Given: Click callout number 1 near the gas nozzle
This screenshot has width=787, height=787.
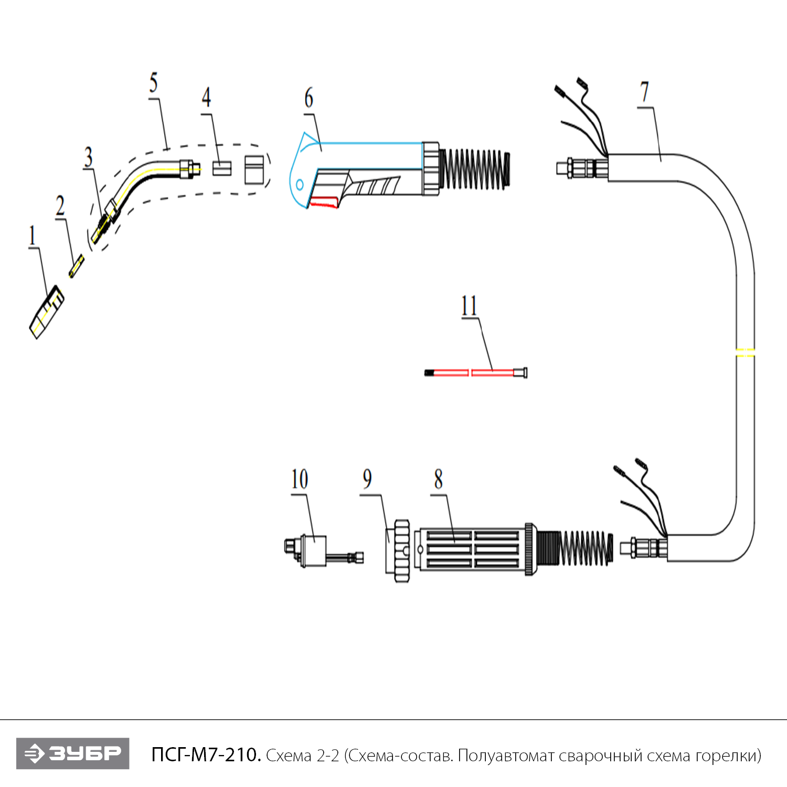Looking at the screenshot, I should [33, 236].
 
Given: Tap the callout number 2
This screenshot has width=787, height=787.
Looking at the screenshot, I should [60, 206].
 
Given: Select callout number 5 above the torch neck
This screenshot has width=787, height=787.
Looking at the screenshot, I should [153, 83].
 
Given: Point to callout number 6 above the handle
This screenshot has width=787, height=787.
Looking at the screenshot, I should [309, 98].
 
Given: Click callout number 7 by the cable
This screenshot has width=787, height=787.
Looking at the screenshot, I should [645, 92].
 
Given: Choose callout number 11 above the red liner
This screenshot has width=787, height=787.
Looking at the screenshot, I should [469, 306].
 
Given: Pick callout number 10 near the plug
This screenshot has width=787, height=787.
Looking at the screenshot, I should [300, 480].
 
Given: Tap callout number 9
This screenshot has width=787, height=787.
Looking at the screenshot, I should [367, 479].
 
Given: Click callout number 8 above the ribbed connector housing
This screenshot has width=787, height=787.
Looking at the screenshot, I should [439, 479].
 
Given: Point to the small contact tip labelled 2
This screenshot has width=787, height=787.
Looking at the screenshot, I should [77, 266].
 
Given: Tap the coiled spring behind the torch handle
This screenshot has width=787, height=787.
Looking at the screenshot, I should [475, 169].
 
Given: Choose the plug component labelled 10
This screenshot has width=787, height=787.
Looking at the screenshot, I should [313, 551].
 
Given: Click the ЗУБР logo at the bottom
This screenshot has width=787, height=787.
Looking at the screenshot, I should [73, 753].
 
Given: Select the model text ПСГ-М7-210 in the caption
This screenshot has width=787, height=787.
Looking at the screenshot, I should [206, 755].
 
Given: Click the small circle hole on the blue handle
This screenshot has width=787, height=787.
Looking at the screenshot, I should [300, 185].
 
